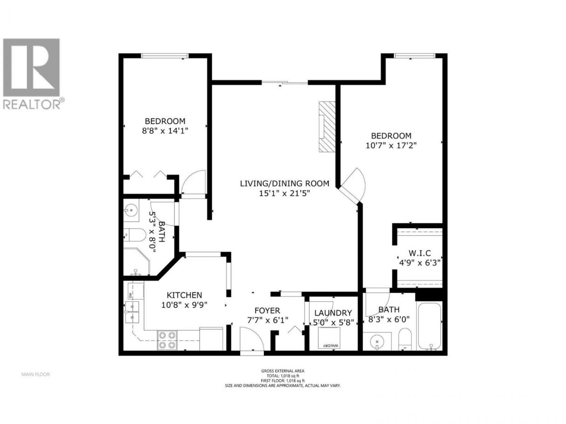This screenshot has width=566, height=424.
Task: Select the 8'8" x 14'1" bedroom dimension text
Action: (165, 131)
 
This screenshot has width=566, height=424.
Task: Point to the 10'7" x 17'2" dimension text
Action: (391, 146)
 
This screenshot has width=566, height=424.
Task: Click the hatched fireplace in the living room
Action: (327, 126)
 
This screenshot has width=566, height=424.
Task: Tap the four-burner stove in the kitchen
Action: (167, 340)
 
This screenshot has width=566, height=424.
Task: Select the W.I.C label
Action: (419, 253)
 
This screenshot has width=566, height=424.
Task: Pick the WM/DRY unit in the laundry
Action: (329, 338)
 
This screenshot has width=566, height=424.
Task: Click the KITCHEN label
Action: (184, 295)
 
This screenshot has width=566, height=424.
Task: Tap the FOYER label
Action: (267, 310)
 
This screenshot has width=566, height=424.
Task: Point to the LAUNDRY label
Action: (333, 313)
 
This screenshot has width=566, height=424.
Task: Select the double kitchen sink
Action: (132, 312)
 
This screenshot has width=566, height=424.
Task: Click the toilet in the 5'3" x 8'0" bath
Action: (135, 235)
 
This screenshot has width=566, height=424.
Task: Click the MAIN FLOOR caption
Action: (35, 375)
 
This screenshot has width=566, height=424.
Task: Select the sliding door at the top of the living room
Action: (285, 82)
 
